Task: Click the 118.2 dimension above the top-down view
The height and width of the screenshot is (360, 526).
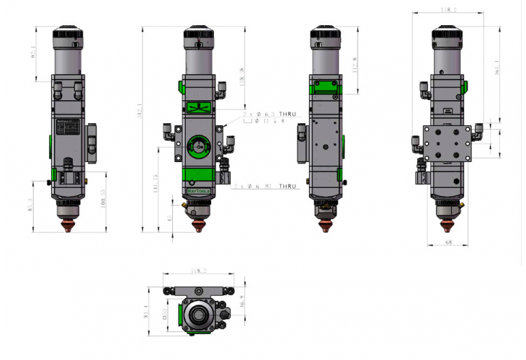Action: coord(199,271)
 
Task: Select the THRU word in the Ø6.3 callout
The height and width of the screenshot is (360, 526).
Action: coord(287,114)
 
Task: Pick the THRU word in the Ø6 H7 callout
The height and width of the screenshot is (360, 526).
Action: coord(286,186)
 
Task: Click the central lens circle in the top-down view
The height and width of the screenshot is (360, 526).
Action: coord(197,315)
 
